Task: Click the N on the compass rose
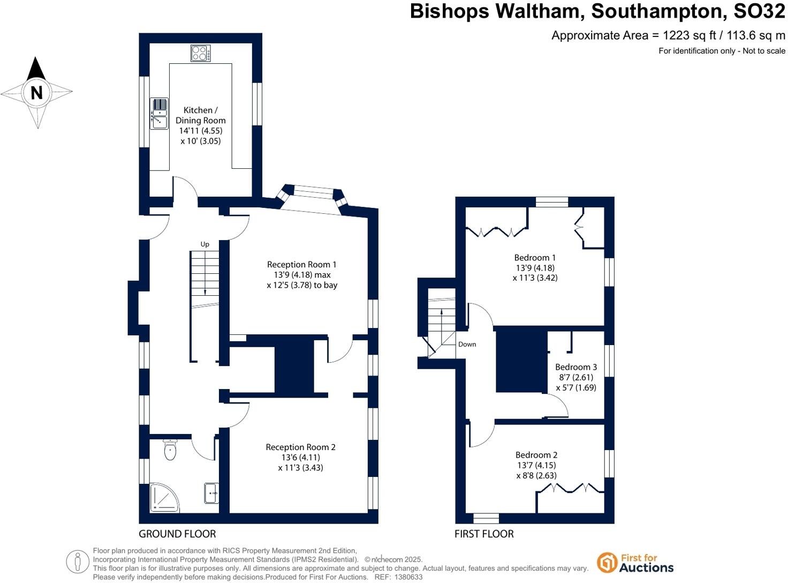[36, 93]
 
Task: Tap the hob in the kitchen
[200, 53]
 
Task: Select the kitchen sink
[159, 114]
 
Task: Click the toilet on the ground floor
[170, 450]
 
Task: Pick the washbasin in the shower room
[211, 493]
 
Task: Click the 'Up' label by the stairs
[205, 244]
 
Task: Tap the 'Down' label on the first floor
[467, 344]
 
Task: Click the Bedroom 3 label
[576, 367]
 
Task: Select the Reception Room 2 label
[300, 447]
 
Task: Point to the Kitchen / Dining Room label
[200, 115]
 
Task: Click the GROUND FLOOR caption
[177, 534]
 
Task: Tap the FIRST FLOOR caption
[484, 534]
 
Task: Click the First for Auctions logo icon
[607, 562]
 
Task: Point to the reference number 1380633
[408, 577]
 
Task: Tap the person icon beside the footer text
[78, 562]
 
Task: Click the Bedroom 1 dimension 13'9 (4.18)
[535, 268]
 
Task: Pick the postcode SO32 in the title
[759, 11]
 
